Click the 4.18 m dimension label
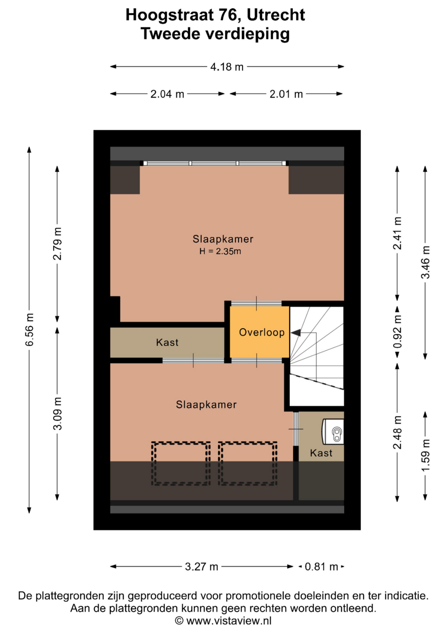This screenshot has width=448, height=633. (x=227, y=67)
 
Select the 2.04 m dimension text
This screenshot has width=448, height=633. (x=167, y=94)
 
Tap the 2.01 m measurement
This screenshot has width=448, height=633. (x=286, y=94)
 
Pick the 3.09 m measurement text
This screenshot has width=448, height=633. (x=57, y=414)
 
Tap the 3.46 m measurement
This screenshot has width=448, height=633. (x=425, y=263)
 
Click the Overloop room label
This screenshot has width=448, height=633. (x=262, y=332)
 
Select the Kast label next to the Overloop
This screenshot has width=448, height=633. (x=167, y=342)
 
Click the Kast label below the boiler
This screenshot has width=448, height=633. (x=321, y=453)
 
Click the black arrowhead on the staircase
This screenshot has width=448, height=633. (x=296, y=333)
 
